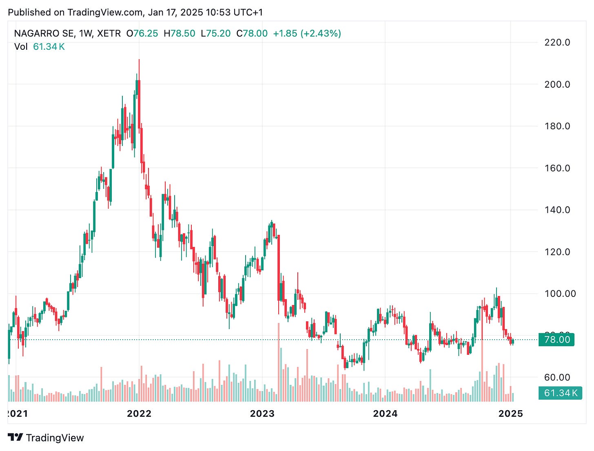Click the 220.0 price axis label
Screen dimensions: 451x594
[x=557, y=42]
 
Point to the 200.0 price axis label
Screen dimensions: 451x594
[x=557, y=84]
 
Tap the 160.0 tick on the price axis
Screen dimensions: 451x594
[x=557, y=168]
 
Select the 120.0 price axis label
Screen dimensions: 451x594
[x=557, y=252]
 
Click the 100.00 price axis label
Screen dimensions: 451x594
[x=560, y=294]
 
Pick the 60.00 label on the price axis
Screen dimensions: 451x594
[x=557, y=377]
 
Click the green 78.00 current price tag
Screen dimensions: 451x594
[x=556, y=340]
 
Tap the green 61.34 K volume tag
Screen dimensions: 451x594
[x=561, y=393]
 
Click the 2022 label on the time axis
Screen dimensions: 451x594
[x=139, y=413]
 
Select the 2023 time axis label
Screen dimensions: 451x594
[x=262, y=413]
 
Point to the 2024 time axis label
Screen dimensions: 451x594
[x=385, y=413]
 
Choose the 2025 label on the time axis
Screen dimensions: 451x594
[x=510, y=413]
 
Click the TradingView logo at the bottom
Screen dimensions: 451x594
[x=46, y=438]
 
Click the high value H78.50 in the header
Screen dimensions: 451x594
[x=180, y=33]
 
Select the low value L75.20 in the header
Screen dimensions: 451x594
[x=216, y=33]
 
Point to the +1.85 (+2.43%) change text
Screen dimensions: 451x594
[x=307, y=33]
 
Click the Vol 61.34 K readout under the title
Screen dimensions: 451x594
[x=40, y=46]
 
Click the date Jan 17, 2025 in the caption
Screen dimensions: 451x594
[x=175, y=12]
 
